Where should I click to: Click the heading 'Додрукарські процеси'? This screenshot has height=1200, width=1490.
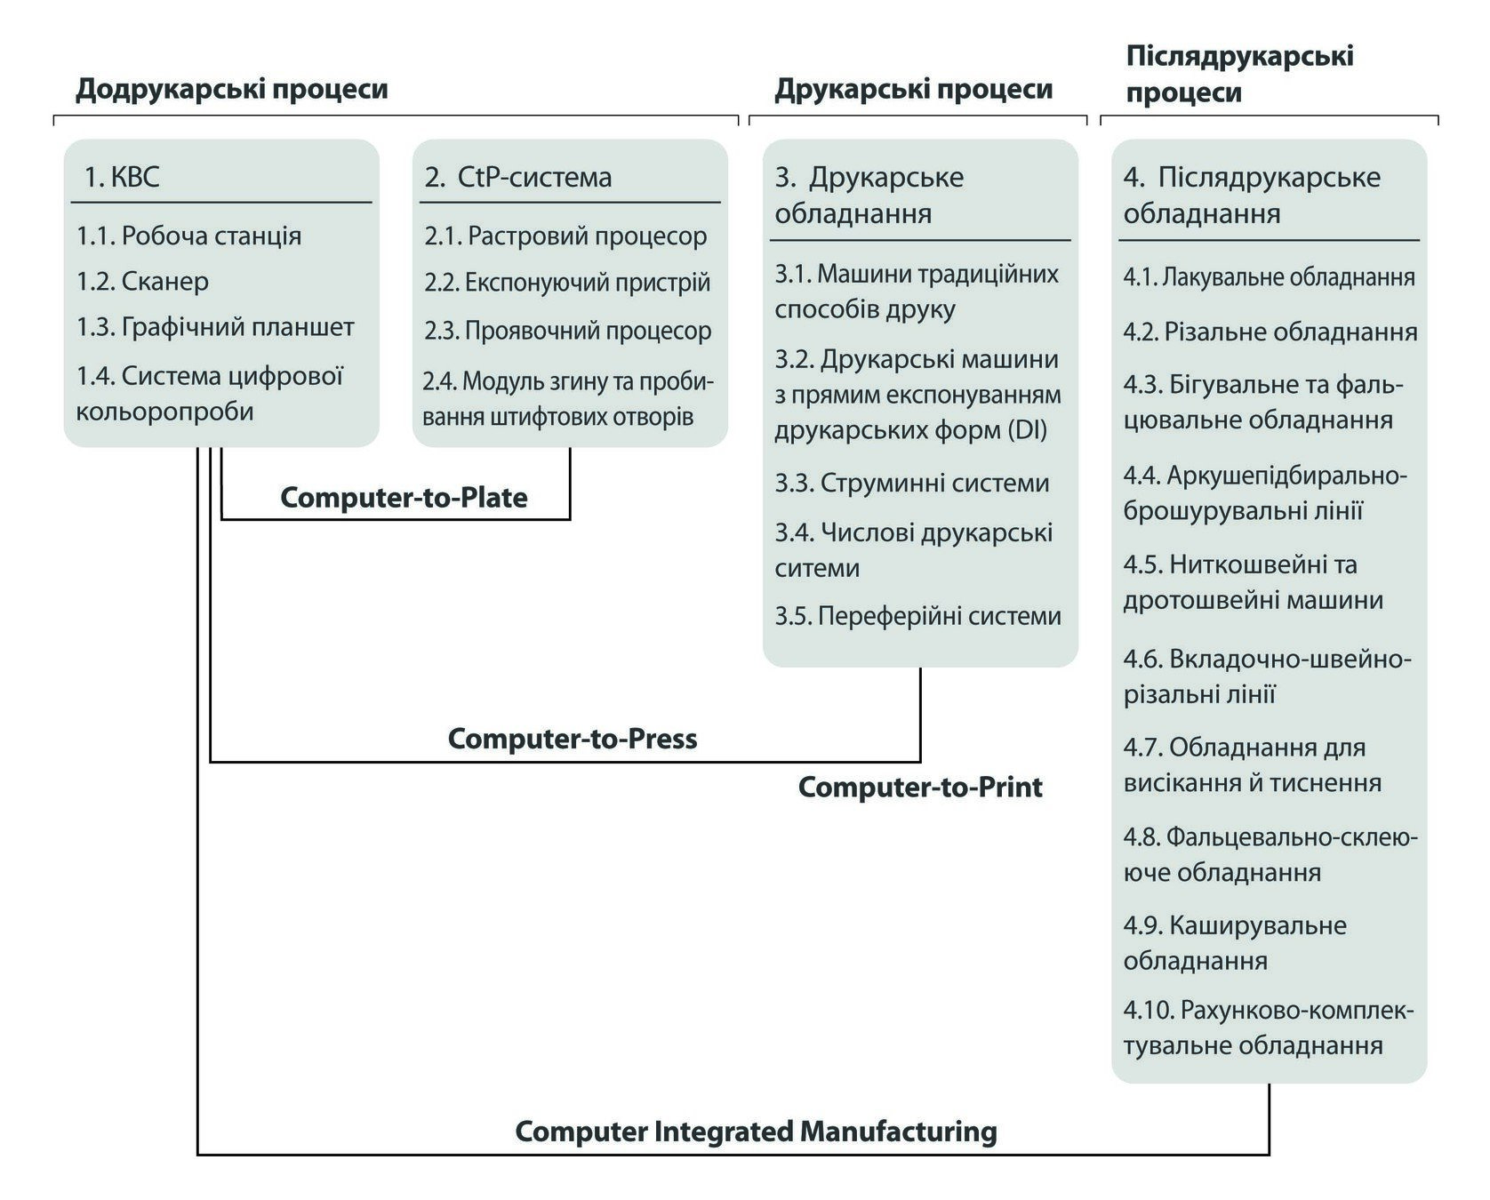coord(231,90)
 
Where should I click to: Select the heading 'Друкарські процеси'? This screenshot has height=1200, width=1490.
coord(913,90)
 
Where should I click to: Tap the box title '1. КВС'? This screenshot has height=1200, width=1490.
coord(122,177)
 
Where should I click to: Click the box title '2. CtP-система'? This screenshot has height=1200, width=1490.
coord(518,177)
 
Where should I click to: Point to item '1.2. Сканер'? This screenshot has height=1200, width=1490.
coord(142,282)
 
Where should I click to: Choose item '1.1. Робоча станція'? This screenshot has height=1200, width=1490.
coord(188,236)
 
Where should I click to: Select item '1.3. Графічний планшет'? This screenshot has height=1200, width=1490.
coord(215,327)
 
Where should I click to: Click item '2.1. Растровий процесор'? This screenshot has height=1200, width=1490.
coord(565,236)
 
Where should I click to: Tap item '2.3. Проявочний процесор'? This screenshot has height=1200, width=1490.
coord(567,331)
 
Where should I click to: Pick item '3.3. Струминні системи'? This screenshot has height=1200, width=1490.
coord(911,483)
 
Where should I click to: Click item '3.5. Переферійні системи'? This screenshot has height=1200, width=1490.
coord(917,616)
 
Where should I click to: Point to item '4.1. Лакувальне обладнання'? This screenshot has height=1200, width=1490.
coord(1269,277)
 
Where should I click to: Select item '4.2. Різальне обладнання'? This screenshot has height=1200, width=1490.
coord(1270,332)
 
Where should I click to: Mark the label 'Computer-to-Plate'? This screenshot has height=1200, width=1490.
coord(404,498)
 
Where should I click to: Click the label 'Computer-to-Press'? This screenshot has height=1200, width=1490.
coord(572,739)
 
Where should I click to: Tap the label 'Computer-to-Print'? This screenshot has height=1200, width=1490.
coord(920,788)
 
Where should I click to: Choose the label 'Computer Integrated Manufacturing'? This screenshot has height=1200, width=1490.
coord(756,1132)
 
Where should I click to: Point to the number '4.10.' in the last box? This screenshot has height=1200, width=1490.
coord(1148,1011)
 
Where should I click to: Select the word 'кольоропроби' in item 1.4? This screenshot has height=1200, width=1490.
coord(165,412)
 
